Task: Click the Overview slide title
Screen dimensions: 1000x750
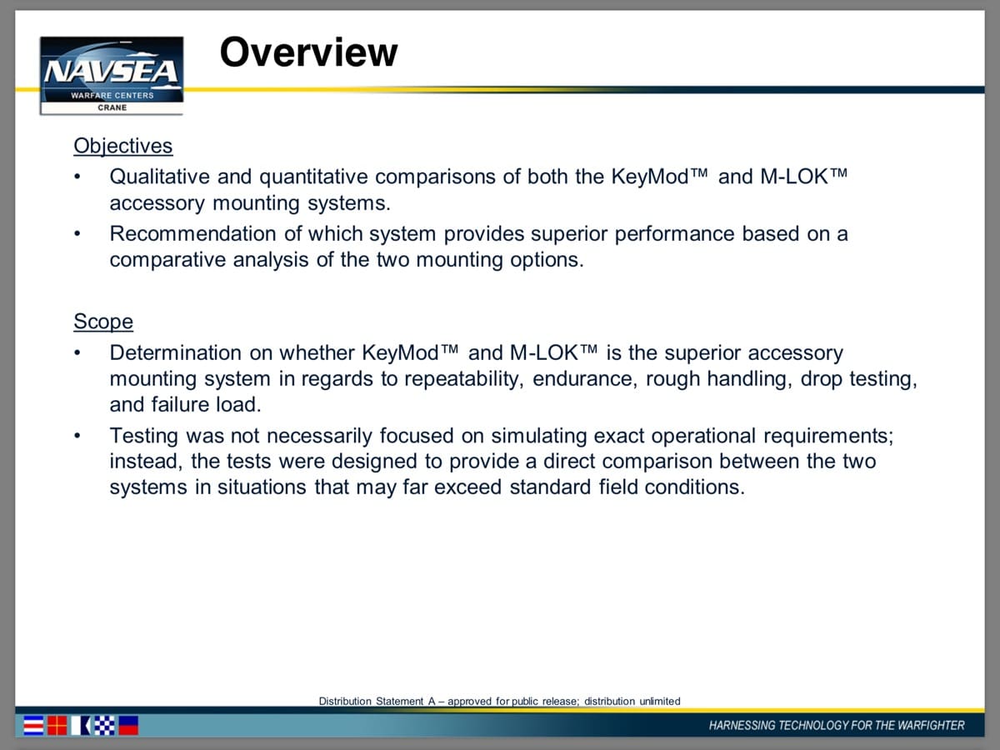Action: [308, 52]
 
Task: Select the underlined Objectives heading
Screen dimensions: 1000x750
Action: [123, 146]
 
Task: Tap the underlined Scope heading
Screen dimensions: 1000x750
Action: [103, 322]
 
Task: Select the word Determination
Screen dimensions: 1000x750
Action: [176, 352]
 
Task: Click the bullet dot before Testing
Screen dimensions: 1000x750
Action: [77, 436]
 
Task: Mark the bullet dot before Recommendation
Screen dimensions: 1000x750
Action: [77, 234]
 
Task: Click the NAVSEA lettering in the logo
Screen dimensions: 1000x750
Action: [111, 72]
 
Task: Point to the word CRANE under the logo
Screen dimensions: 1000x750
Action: [112, 107]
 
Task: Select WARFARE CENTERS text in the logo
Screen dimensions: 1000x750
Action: [112, 95]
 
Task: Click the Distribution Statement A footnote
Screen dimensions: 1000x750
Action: [499, 702]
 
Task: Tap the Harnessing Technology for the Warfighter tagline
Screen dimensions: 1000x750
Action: [837, 725]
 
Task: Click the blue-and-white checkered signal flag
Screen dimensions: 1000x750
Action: [104, 725]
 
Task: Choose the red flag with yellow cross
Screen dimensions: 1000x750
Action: [57, 725]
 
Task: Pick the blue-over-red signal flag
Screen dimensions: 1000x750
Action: [128, 725]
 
